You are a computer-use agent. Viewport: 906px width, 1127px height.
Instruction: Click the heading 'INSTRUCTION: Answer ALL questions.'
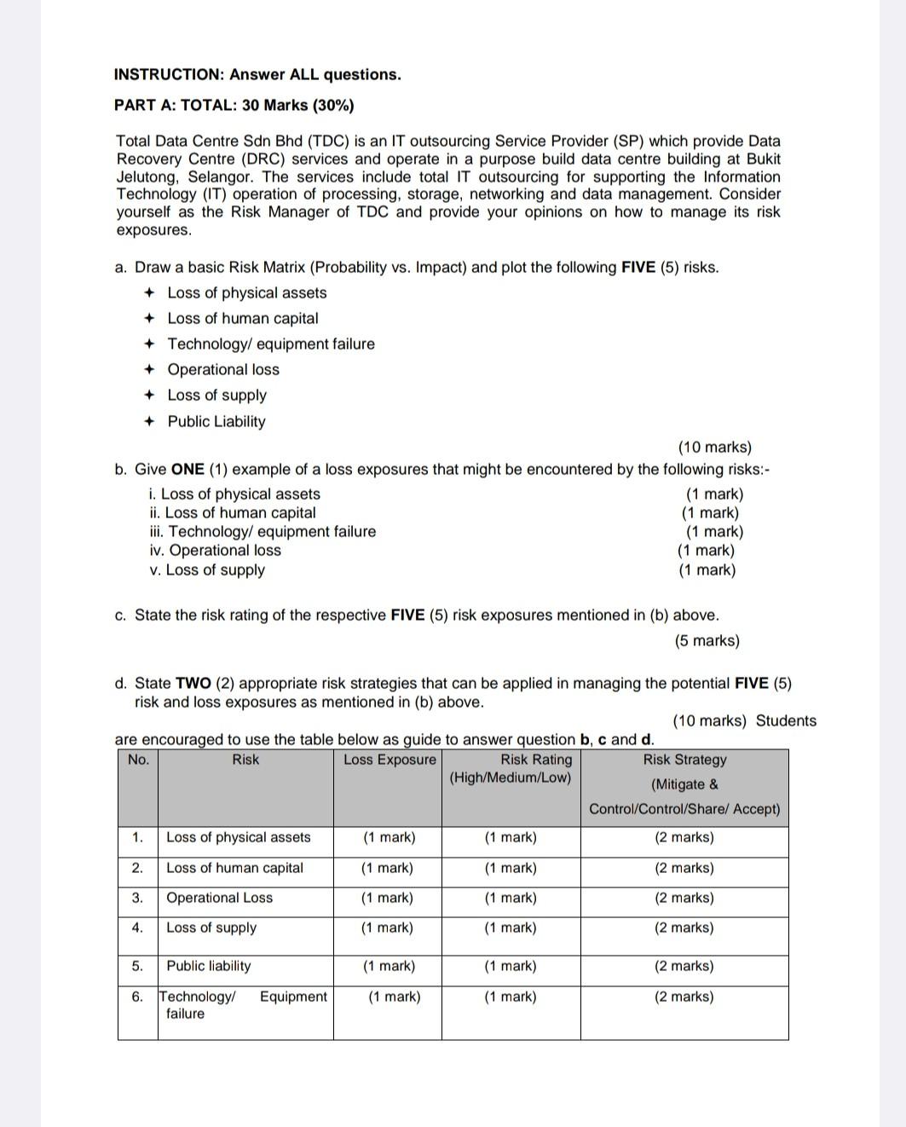pyautogui.click(x=257, y=75)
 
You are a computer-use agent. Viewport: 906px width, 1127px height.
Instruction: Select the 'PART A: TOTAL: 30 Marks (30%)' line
pyautogui.click(x=234, y=106)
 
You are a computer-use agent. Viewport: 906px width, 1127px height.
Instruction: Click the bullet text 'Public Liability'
pyautogui.click(x=216, y=421)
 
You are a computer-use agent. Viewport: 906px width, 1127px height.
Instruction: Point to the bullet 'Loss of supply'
pyautogui.click(x=216, y=396)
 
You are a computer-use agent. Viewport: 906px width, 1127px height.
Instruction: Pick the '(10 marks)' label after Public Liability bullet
pyautogui.click(x=714, y=448)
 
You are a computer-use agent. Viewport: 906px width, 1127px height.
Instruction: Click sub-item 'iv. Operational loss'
pyautogui.click(x=215, y=551)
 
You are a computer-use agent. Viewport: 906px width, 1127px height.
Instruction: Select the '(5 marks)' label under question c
pyautogui.click(x=707, y=641)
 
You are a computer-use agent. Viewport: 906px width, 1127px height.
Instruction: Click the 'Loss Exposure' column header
pyautogui.click(x=390, y=760)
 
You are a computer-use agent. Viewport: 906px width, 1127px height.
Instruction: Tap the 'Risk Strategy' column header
pyautogui.click(x=684, y=760)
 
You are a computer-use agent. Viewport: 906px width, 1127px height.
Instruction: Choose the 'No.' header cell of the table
pyautogui.click(x=138, y=760)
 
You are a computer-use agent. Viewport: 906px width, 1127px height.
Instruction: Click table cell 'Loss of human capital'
pyautogui.click(x=234, y=868)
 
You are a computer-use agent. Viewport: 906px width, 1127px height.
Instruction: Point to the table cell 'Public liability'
pyautogui.click(x=208, y=966)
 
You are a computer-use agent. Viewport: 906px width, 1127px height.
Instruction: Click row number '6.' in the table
pyautogui.click(x=137, y=997)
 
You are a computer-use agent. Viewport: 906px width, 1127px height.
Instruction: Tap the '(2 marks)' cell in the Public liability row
pyautogui.click(x=684, y=966)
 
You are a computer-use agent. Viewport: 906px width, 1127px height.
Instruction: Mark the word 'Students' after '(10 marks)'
pyautogui.click(x=786, y=721)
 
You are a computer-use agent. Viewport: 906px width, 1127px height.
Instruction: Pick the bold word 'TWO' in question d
pyautogui.click(x=193, y=684)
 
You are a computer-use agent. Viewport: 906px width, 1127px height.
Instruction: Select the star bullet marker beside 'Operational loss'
pyautogui.click(x=149, y=370)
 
